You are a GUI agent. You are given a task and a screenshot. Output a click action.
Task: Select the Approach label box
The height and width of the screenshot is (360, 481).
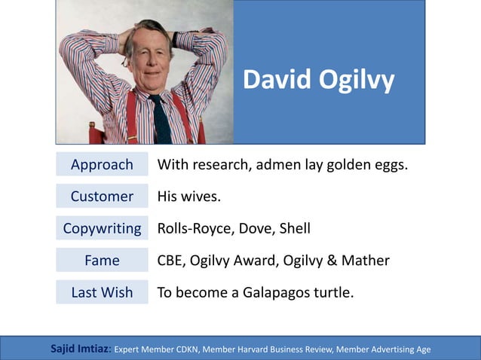(102, 164)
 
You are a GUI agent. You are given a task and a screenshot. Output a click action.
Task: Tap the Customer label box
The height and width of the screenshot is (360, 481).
(102, 197)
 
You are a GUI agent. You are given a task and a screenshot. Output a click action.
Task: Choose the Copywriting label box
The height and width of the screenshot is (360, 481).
(102, 228)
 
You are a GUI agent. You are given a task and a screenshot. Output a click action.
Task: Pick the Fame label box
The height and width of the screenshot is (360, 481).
(102, 261)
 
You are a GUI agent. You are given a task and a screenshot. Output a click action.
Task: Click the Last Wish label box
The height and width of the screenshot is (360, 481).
(102, 292)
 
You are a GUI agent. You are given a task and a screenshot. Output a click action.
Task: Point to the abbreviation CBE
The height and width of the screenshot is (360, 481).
(170, 261)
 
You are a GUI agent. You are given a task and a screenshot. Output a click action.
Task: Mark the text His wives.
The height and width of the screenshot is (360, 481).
(189, 197)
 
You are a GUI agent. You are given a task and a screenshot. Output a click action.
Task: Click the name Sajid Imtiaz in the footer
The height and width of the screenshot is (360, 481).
(80, 349)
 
